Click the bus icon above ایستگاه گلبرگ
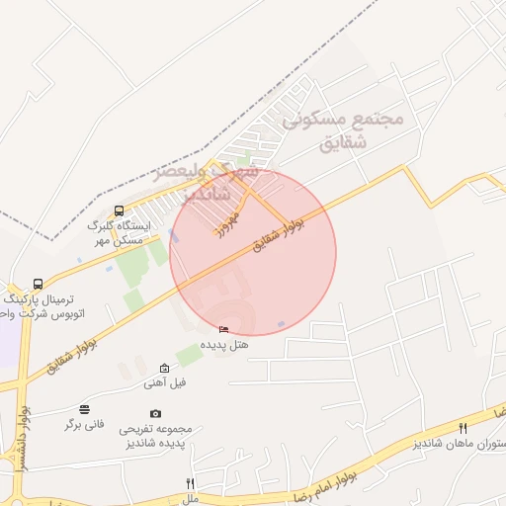click(120, 211)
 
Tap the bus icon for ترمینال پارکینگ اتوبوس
click(39, 285)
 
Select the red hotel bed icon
click(224, 330)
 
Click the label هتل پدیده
click(225, 345)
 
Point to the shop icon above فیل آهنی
click(164, 368)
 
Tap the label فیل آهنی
click(164, 382)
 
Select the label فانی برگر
click(85, 424)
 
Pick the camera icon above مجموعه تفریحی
click(155, 414)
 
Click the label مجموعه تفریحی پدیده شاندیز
click(155, 437)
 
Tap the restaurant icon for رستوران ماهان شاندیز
click(463, 427)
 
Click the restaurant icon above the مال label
click(191, 483)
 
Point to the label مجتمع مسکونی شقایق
click(343, 129)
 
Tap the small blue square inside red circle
click(282, 324)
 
